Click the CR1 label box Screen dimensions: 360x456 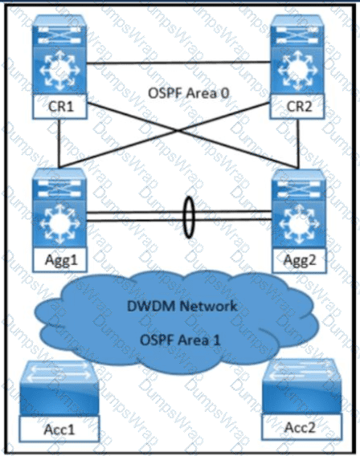pyautogui.click(x=60, y=107)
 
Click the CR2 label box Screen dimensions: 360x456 pyautogui.click(x=297, y=107)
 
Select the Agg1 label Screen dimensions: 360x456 pyautogui.click(x=60, y=259)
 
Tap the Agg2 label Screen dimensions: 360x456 pyautogui.click(x=299, y=260)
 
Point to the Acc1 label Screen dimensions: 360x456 pyautogui.click(x=59, y=429)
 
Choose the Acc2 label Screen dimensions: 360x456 pyautogui.click(x=301, y=427)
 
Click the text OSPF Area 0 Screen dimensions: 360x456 pyautogui.click(x=189, y=93)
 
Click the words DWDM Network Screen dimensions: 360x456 pyautogui.click(x=182, y=306)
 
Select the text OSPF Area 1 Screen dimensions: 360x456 pyautogui.click(x=181, y=340)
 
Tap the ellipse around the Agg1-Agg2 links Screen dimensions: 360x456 pyautogui.click(x=184, y=218)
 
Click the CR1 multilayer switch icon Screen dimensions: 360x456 pyautogui.click(x=59, y=55)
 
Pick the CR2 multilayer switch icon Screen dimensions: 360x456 pyautogui.click(x=297, y=55)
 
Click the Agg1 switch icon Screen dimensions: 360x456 pyautogui.click(x=60, y=208)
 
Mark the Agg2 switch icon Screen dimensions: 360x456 pyautogui.click(x=299, y=209)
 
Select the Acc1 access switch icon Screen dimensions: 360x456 pyautogui.click(x=59, y=389)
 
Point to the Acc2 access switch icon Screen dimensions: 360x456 pyautogui.click(x=301, y=387)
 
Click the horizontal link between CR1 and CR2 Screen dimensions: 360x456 pyautogui.click(x=178, y=63)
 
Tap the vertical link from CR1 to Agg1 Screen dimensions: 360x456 pyautogui.click(x=59, y=144)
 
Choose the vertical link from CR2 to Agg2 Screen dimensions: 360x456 pyautogui.click(x=298, y=144)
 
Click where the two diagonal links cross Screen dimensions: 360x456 pyautogui.click(x=178, y=132)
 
